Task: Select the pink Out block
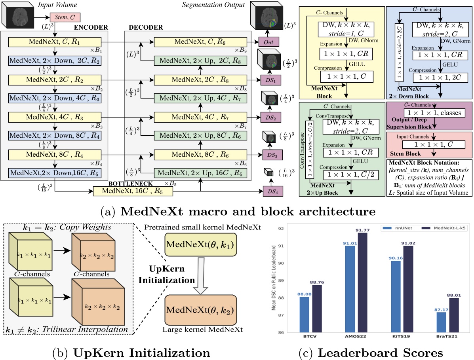pos(269,42)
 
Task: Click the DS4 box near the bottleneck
pos(269,191)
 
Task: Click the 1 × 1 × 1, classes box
pos(429,113)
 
